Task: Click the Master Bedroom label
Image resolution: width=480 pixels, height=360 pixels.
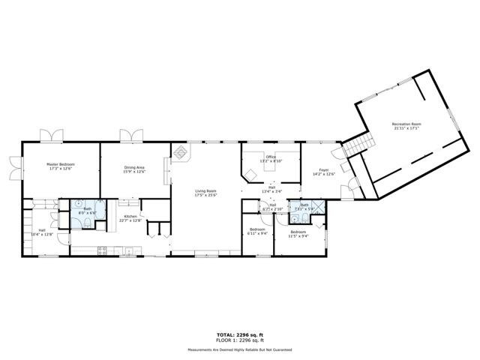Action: (60, 164)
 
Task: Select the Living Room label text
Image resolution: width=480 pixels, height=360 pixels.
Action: (205, 192)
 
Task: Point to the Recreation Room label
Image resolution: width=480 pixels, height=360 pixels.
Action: (406, 124)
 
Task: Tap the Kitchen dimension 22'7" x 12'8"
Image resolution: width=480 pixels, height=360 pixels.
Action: (132, 220)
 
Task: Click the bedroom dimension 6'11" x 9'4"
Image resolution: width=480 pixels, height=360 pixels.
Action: (257, 234)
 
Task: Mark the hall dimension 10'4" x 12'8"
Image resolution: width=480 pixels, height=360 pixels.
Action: (42, 234)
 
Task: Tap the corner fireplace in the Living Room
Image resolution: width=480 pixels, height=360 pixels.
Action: (181, 152)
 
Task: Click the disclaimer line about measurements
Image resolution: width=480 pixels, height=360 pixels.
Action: (240, 349)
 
